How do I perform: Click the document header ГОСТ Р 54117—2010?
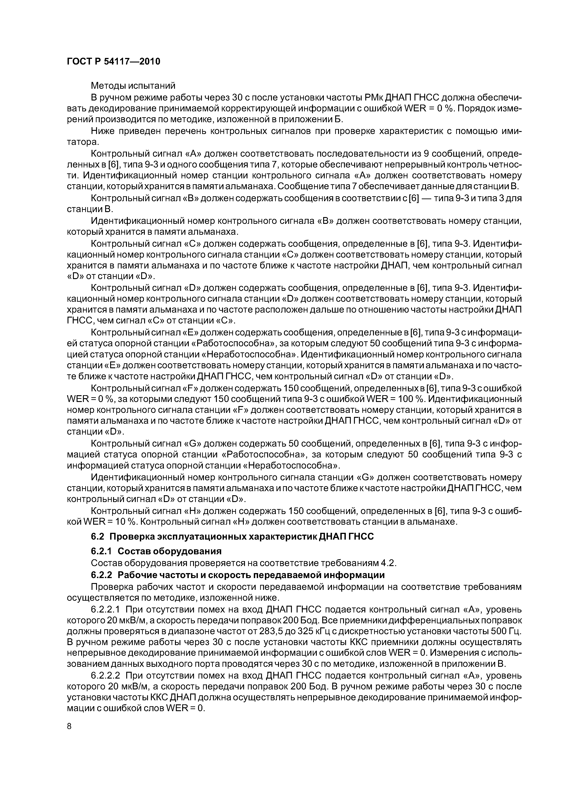(x=113, y=62)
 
